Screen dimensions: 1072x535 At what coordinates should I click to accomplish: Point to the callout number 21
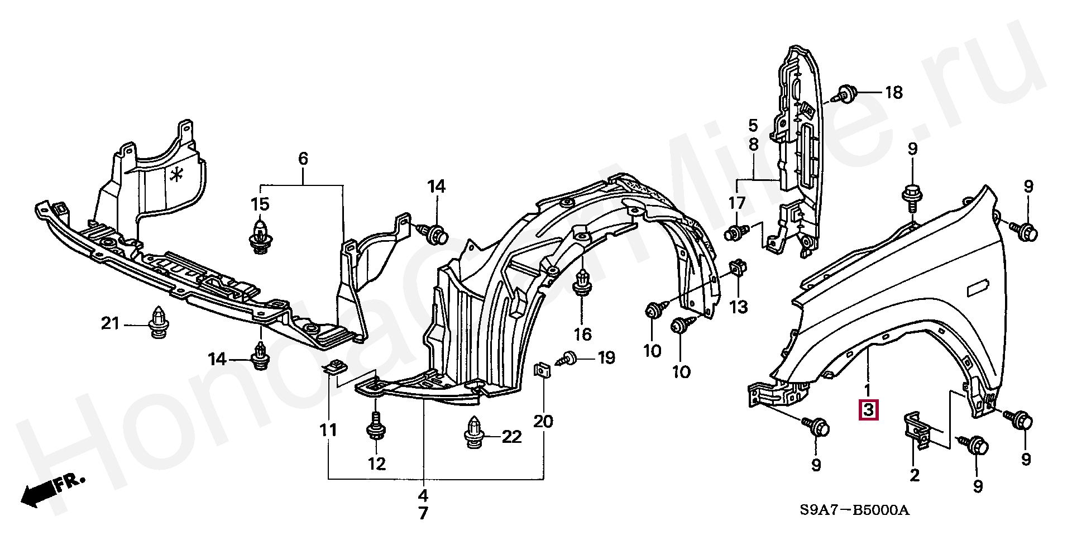tap(110, 323)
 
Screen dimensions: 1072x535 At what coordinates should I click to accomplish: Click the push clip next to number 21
tap(159, 323)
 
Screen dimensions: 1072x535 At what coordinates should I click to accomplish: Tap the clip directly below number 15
tap(260, 236)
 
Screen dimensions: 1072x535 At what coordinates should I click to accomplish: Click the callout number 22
tap(511, 437)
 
